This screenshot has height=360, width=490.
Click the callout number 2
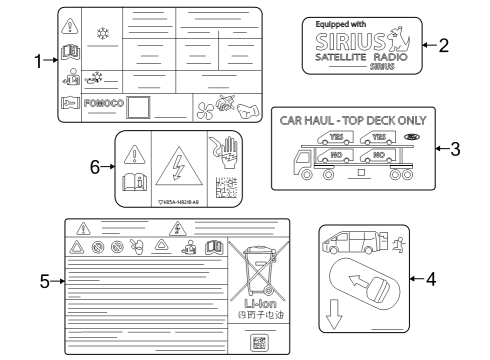443,45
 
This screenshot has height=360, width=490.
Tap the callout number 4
431,278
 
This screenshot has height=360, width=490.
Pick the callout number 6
97,167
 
